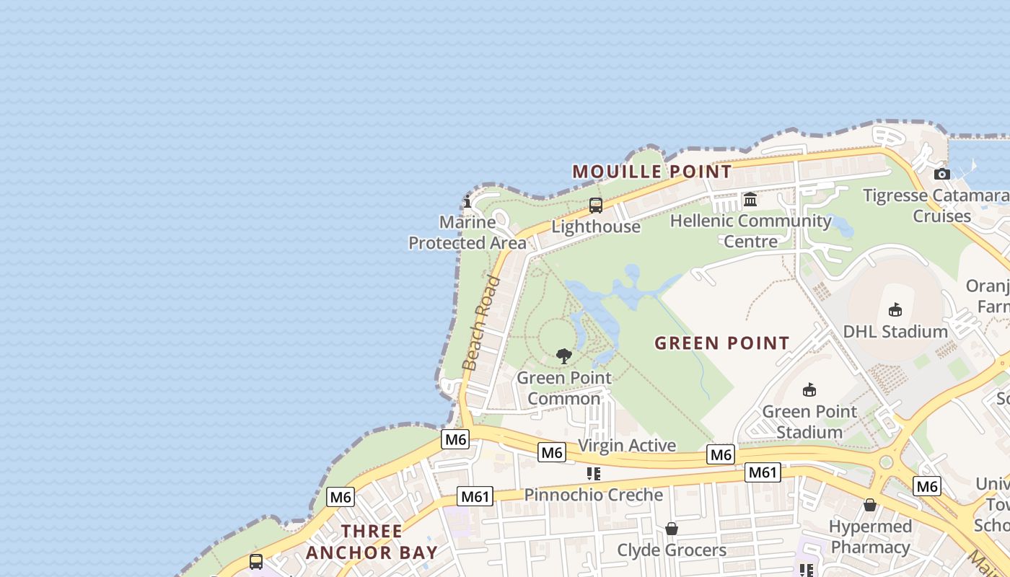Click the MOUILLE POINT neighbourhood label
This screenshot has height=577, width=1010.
pyautogui.click(x=651, y=172)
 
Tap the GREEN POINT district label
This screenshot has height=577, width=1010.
pyautogui.click(x=721, y=343)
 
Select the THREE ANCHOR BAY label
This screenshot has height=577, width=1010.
pyautogui.click(x=372, y=542)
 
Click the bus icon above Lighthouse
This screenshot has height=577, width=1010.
pyautogui.click(x=596, y=206)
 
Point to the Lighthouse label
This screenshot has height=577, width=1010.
pyautogui.click(x=596, y=226)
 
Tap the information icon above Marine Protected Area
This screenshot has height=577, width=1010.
pyautogui.click(x=467, y=201)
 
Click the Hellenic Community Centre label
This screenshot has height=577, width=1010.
pyautogui.click(x=750, y=231)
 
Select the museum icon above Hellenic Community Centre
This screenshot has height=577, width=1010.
pyautogui.click(x=750, y=199)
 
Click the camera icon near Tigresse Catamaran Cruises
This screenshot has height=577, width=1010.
pyautogui.click(x=941, y=174)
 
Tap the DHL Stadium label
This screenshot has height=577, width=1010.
pyautogui.click(x=895, y=332)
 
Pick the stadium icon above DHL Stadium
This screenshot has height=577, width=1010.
pyautogui.click(x=895, y=310)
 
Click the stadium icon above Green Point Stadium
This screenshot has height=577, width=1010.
pyautogui.click(x=809, y=389)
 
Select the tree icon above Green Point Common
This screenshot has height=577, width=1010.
pyautogui.click(x=564, y=356)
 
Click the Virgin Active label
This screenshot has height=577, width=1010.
pyautogui.click(x=627, y=445)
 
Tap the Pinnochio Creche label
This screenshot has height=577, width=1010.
pyautogui.click(x=593, y=495)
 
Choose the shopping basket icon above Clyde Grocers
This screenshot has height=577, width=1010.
pyautogui.click(x=672, y=529)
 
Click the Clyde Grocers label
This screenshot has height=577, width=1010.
pyautogui.click(x=672, y=550)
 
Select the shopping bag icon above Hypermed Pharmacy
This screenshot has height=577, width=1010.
pyautogui.click(x=870, y=505)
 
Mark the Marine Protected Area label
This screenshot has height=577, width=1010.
pyautogui.click(x=467, y=232)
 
